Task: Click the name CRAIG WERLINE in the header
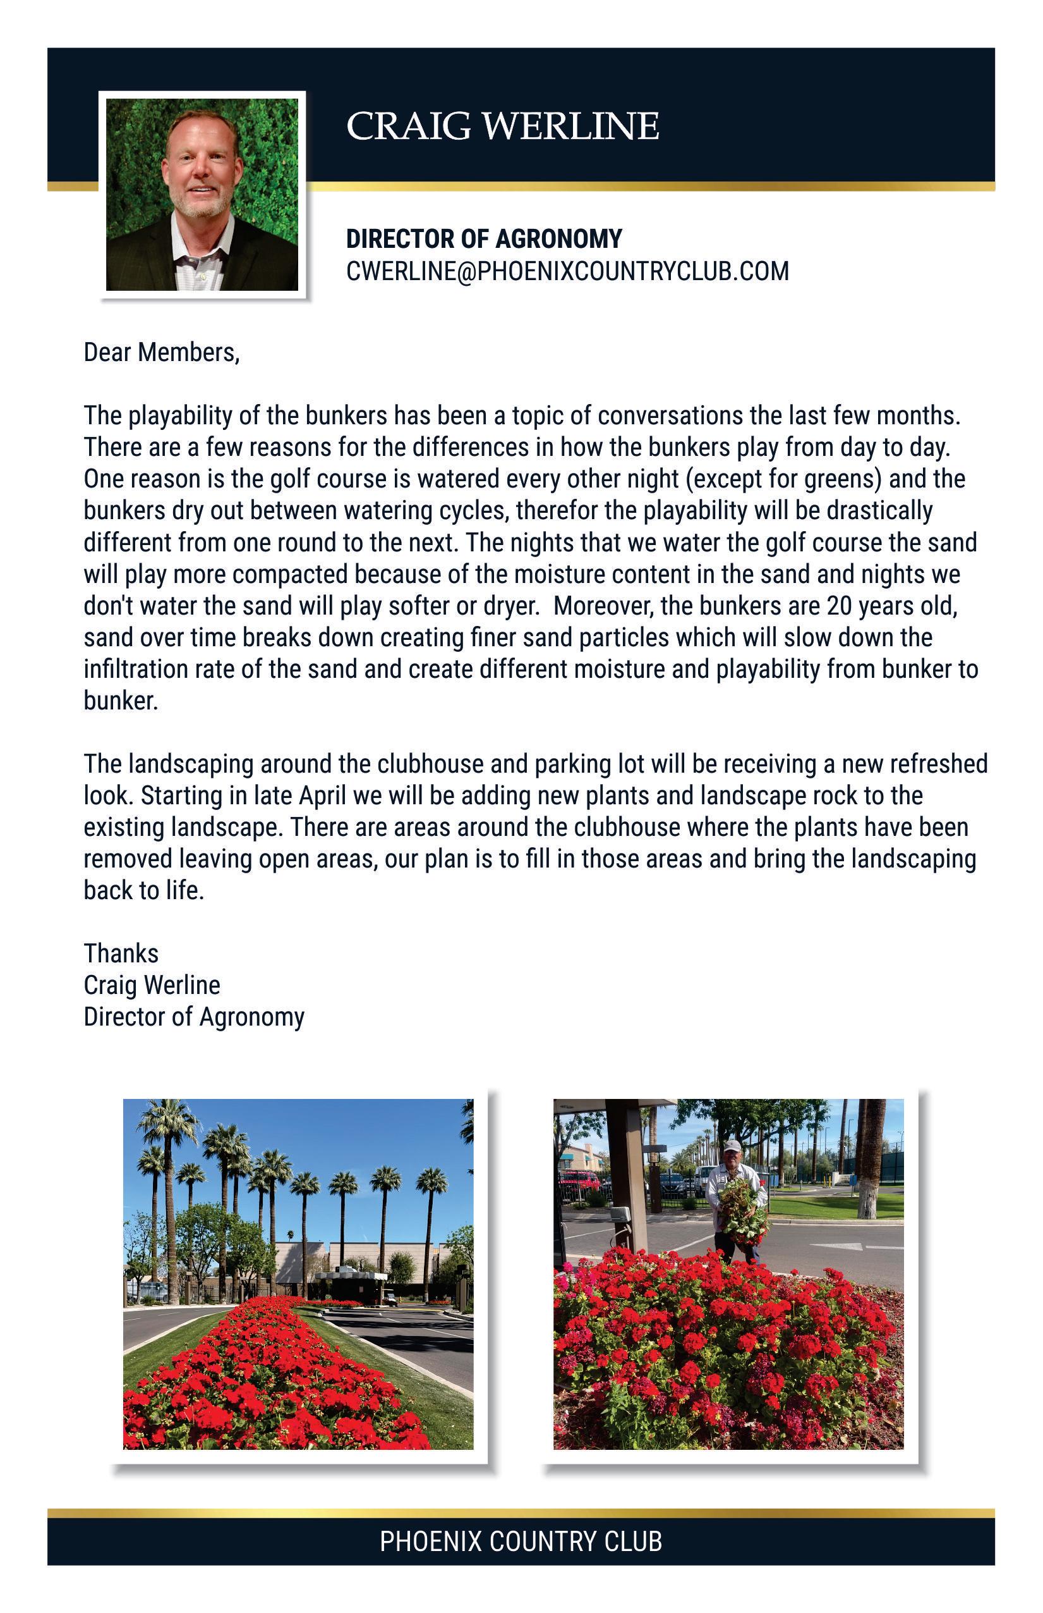pos(502,126)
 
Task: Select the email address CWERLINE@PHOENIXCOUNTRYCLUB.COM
pos(567,271)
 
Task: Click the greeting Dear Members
pos(161,352)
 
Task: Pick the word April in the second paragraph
pos(322,795)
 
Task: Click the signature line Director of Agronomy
pos(194,1017)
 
